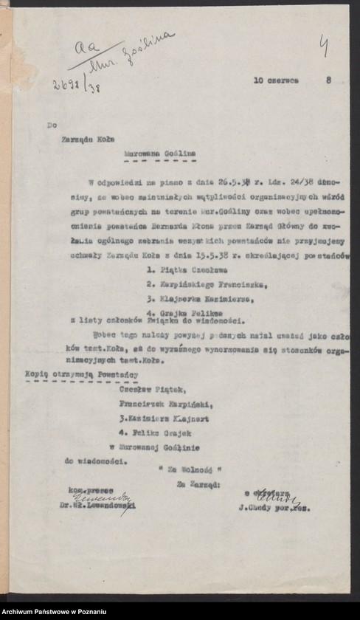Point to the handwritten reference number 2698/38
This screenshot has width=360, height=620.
coord(76,84)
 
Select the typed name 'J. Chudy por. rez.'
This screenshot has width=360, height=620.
coord(274,508)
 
